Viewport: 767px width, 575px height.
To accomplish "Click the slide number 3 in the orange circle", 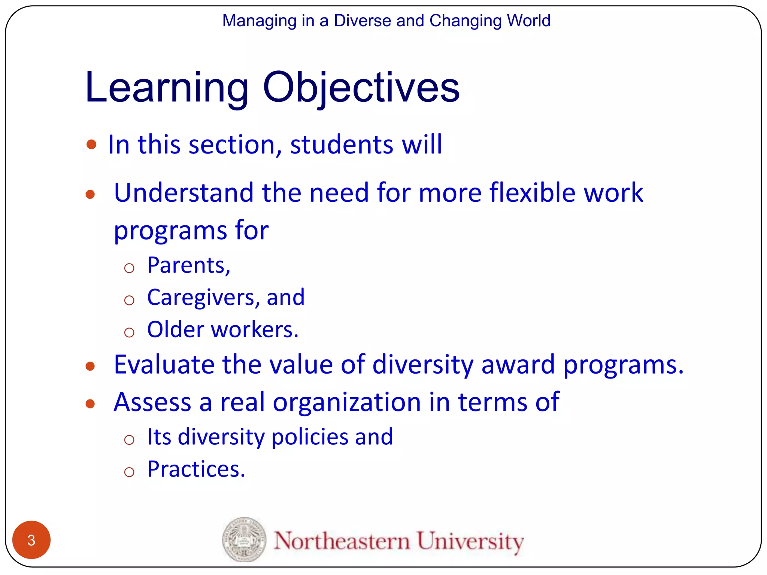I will click(31, 540).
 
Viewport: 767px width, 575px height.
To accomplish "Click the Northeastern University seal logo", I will click(244, 539).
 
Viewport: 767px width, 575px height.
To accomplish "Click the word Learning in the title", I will click(167, 88).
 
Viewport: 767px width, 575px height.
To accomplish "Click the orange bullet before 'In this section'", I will click(91, 144).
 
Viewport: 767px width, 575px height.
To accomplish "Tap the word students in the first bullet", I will click(342, 144).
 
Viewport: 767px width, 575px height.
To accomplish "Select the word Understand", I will click(184, 192).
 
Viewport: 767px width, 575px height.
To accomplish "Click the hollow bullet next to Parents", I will click(129, 268).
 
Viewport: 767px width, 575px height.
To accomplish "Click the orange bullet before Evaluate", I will click(90, 366).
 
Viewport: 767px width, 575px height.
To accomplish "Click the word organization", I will click(347, 402).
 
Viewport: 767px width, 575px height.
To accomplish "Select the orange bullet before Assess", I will click(90, 404).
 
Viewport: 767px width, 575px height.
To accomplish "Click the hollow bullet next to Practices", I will click(129, 472).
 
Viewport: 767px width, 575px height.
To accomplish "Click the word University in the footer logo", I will click(470, 541).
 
